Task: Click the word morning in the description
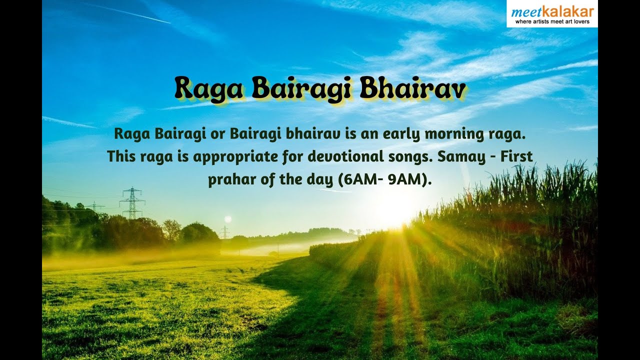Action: pos(453,134)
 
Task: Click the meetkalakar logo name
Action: pos(552,11)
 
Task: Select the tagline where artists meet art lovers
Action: pos(552,21)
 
